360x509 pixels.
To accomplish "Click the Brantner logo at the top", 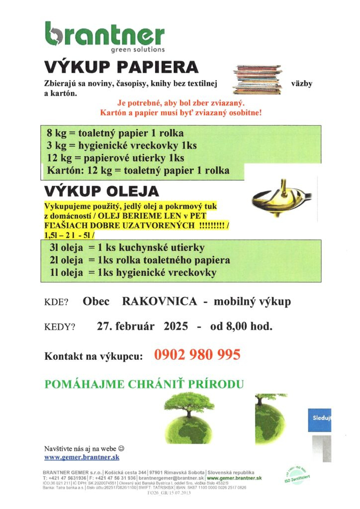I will tap(104, 36).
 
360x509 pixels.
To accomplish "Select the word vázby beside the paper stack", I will tap(301, 84).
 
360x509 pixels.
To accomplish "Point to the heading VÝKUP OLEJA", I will tap(101, 191).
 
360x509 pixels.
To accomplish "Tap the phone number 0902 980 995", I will tap(197, 355).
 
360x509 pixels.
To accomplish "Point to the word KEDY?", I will tap(60, 327).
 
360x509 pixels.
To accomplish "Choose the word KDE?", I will tap(56, 302).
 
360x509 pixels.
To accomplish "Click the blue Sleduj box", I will tap(320, 418).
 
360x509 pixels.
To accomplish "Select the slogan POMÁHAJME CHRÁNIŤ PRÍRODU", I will tap(144, 384).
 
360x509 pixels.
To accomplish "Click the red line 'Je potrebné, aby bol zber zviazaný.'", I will tap(181, 103).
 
